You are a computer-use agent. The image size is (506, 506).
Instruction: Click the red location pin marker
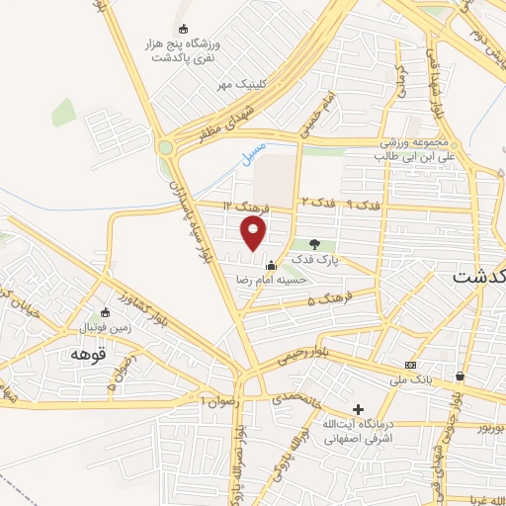coord(254,233)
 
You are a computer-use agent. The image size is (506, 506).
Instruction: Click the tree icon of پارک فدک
coord(314,244)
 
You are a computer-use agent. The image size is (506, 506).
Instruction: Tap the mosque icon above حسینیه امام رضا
coord(272,264)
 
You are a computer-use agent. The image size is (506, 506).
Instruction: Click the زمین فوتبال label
coord(103,324)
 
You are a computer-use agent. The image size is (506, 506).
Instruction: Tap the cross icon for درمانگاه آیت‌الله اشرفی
coord(358,409)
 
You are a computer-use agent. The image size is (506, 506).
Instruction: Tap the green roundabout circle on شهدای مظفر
coord(165,148)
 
